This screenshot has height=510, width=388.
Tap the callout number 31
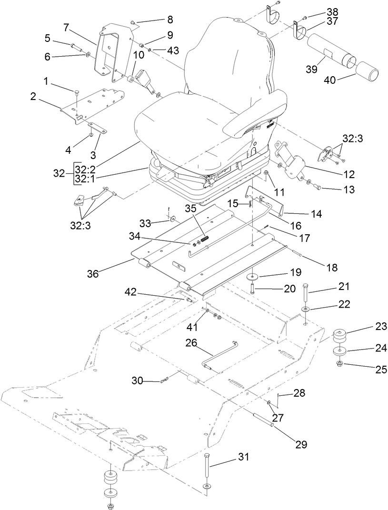click(x=244, y=457)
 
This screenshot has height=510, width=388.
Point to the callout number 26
click(x=191, y=342)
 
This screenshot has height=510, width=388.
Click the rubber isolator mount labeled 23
click(x=340, y=336)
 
